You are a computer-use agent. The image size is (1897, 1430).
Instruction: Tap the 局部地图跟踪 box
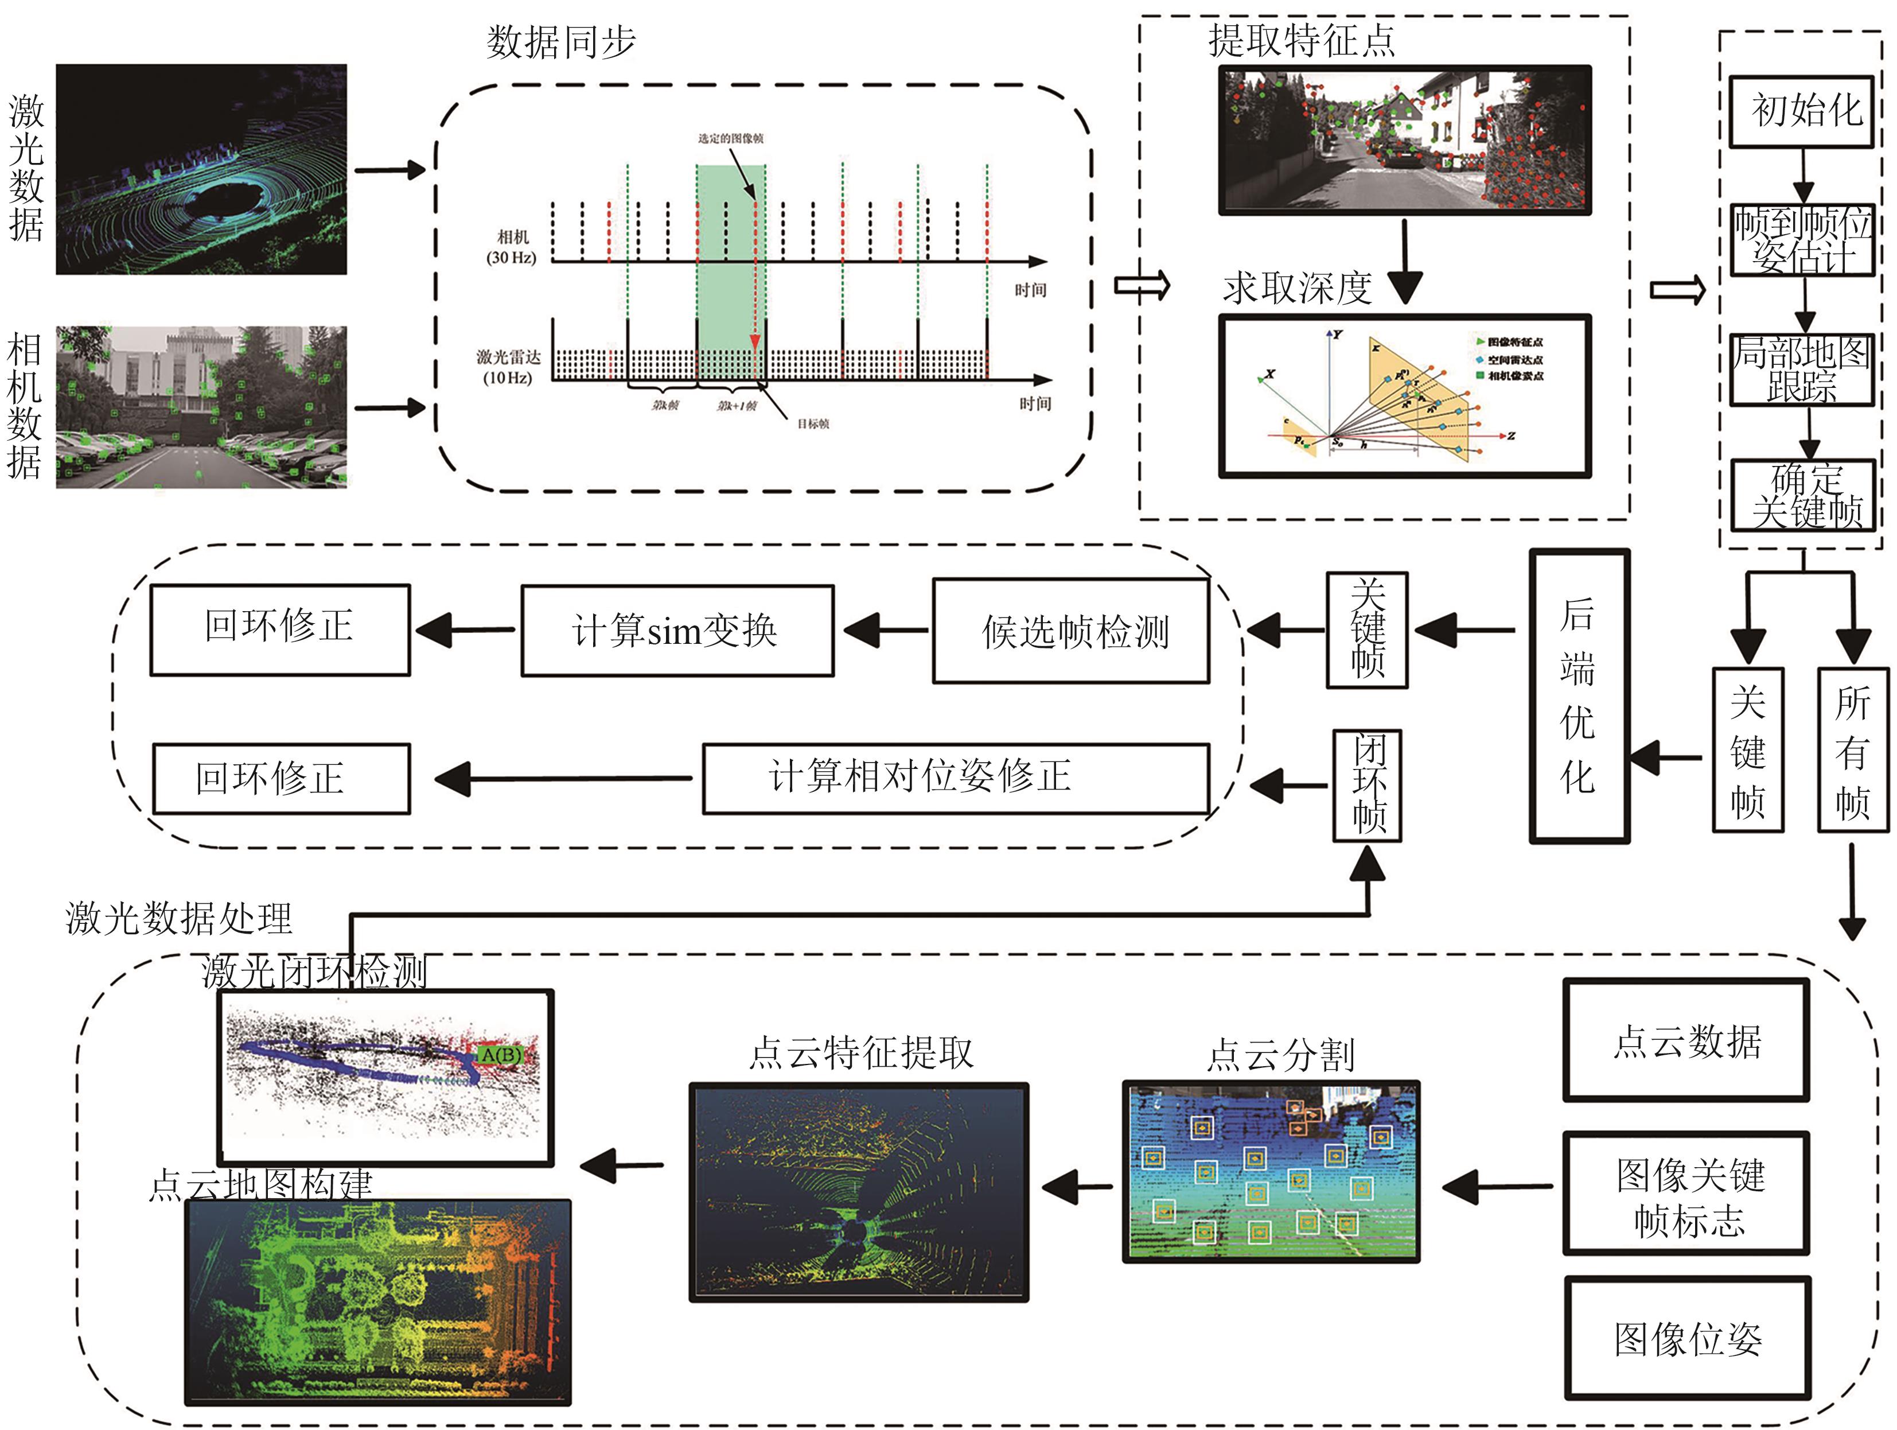[x=1801, y=370]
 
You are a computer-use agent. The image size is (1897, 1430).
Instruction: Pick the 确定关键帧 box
[x=1803, y=496]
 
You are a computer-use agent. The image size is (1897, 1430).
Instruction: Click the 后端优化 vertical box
[x=1579, y=695]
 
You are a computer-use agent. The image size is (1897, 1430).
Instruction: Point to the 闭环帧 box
[x=1367, y=785]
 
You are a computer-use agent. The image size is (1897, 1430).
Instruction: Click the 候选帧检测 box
[x=1072, y=631]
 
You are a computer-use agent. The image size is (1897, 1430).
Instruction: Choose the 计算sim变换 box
[x=677, y=631]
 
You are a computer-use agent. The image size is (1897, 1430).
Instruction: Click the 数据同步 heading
[x=561, y=41]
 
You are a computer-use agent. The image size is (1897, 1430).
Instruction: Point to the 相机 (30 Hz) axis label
[x=512, y=247]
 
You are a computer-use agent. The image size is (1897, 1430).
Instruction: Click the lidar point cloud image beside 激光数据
[x=201, y=169]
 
